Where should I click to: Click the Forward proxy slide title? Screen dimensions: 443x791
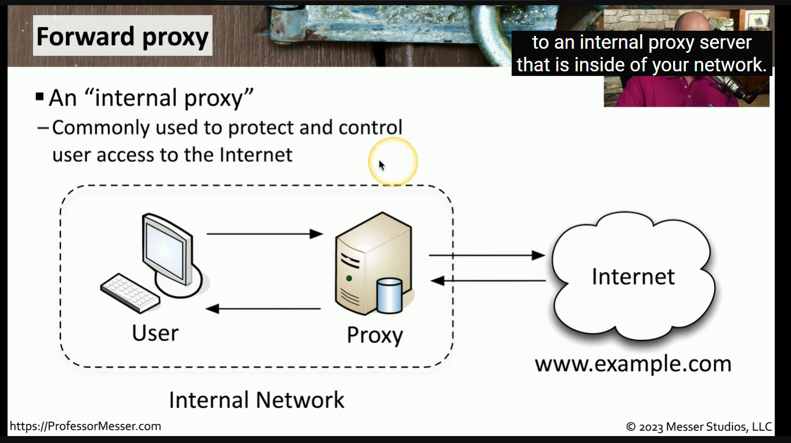click(x=122, y=37)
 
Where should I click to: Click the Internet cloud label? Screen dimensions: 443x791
click(x=633, y=277)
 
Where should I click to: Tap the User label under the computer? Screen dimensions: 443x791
click(x=155, y=333)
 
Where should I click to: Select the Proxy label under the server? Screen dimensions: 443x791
click(x=375, y=335)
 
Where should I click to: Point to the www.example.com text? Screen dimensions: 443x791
click(x=632, y=364)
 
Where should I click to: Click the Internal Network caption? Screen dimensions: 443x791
click(x=256, y=400)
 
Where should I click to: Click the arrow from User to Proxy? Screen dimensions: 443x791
click(x=264, y=234)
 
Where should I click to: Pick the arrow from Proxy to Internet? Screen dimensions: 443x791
click(x=487, y=255)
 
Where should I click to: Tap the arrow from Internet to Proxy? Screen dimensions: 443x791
click(x=488, y=281)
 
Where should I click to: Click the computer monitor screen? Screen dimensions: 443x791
click(x=164, y=249)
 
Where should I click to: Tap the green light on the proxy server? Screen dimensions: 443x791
click(x=349, y=278)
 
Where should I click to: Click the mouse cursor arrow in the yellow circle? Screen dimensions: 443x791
click(x=382, y=165)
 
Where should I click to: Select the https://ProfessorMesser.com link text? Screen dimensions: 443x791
click(x=85, y=426)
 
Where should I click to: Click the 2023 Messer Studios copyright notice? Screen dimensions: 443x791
click(x=699, y=427)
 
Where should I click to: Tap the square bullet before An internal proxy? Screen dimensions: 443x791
click(x=39, y=96)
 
